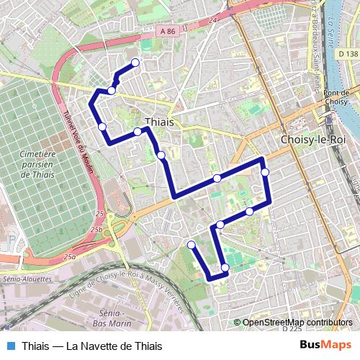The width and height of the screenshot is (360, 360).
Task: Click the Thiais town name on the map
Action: [x=159, y=122]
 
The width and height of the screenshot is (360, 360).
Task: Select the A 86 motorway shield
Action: [x=168, y=31]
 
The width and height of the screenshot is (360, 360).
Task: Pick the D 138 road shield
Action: [x=347, y=54]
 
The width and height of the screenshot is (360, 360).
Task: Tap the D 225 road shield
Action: [x=292, y=328]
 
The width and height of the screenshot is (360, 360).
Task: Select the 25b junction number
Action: [x=96, y=230]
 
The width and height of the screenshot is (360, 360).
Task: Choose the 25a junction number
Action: [x=69, y=256]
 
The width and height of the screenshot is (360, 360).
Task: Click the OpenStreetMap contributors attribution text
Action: [x=297, y=322]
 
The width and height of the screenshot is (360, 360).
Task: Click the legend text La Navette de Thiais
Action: [x=114, y=346]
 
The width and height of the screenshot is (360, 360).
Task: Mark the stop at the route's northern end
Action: [x=135, y=63]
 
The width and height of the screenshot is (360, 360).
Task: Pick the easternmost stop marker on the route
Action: [x=265, y=171]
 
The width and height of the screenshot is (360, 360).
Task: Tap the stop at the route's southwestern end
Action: [x=192, y=246]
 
